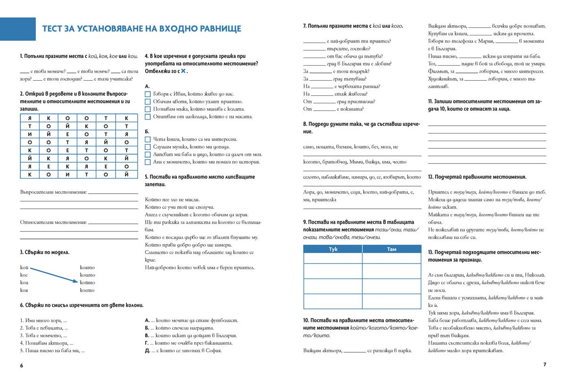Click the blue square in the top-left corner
18,29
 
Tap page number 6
21,365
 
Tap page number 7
544,364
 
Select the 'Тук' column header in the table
333,249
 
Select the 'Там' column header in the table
391,249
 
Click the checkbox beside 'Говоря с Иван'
148,94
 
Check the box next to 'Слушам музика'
148,147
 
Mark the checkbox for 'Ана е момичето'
148,162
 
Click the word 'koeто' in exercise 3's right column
87,290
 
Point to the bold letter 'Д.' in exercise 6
148,351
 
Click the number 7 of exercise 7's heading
305,26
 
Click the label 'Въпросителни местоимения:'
53,192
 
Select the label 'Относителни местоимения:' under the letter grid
53,222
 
